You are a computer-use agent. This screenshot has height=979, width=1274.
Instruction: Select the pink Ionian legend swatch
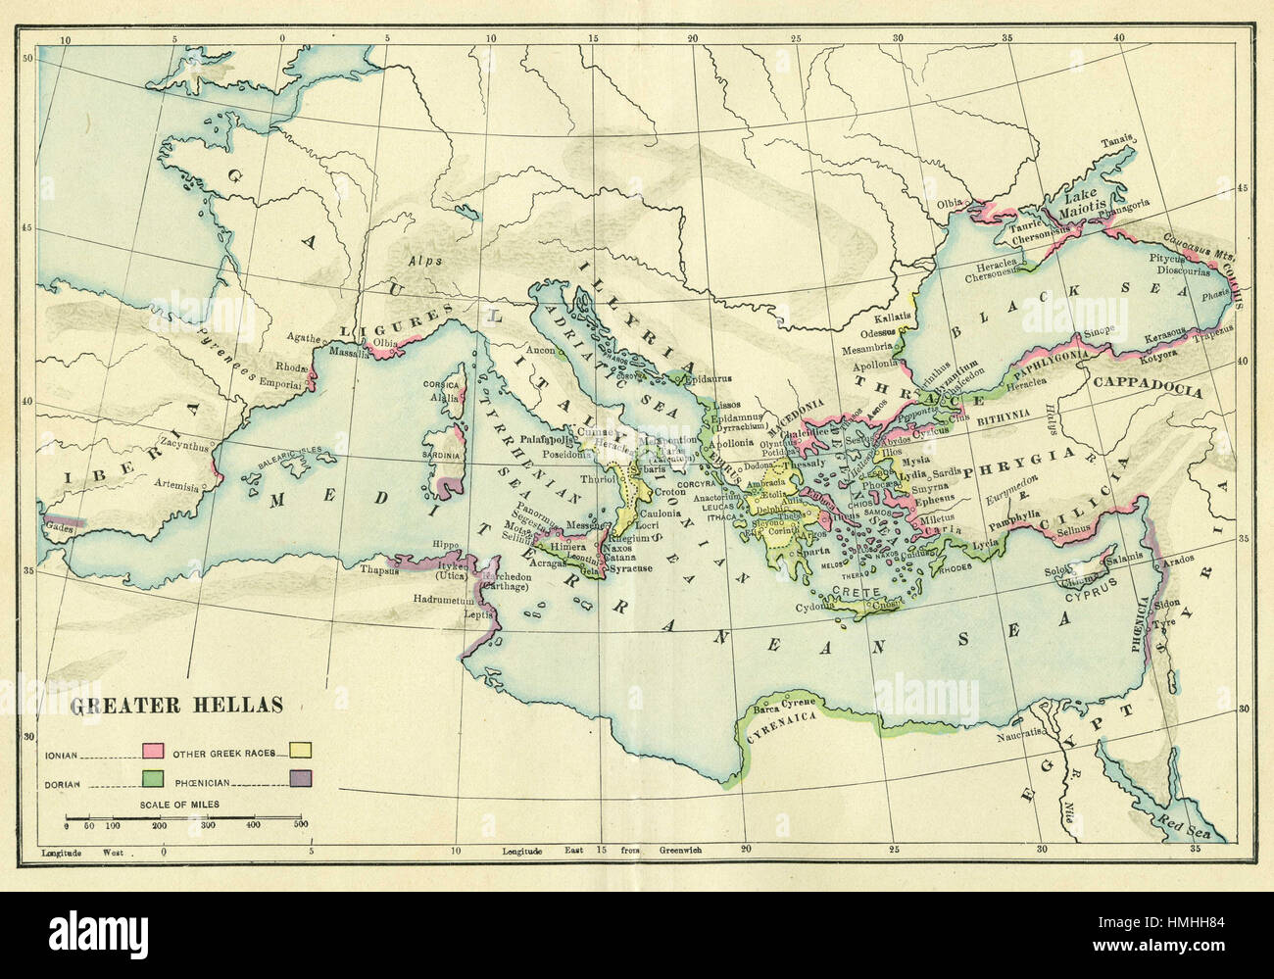(153, 752)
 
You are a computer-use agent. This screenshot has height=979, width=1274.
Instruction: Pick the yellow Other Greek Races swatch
(301, 752)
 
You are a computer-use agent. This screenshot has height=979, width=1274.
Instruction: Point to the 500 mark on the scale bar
(301, 826)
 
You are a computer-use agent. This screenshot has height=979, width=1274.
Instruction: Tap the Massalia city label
(348, 354)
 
